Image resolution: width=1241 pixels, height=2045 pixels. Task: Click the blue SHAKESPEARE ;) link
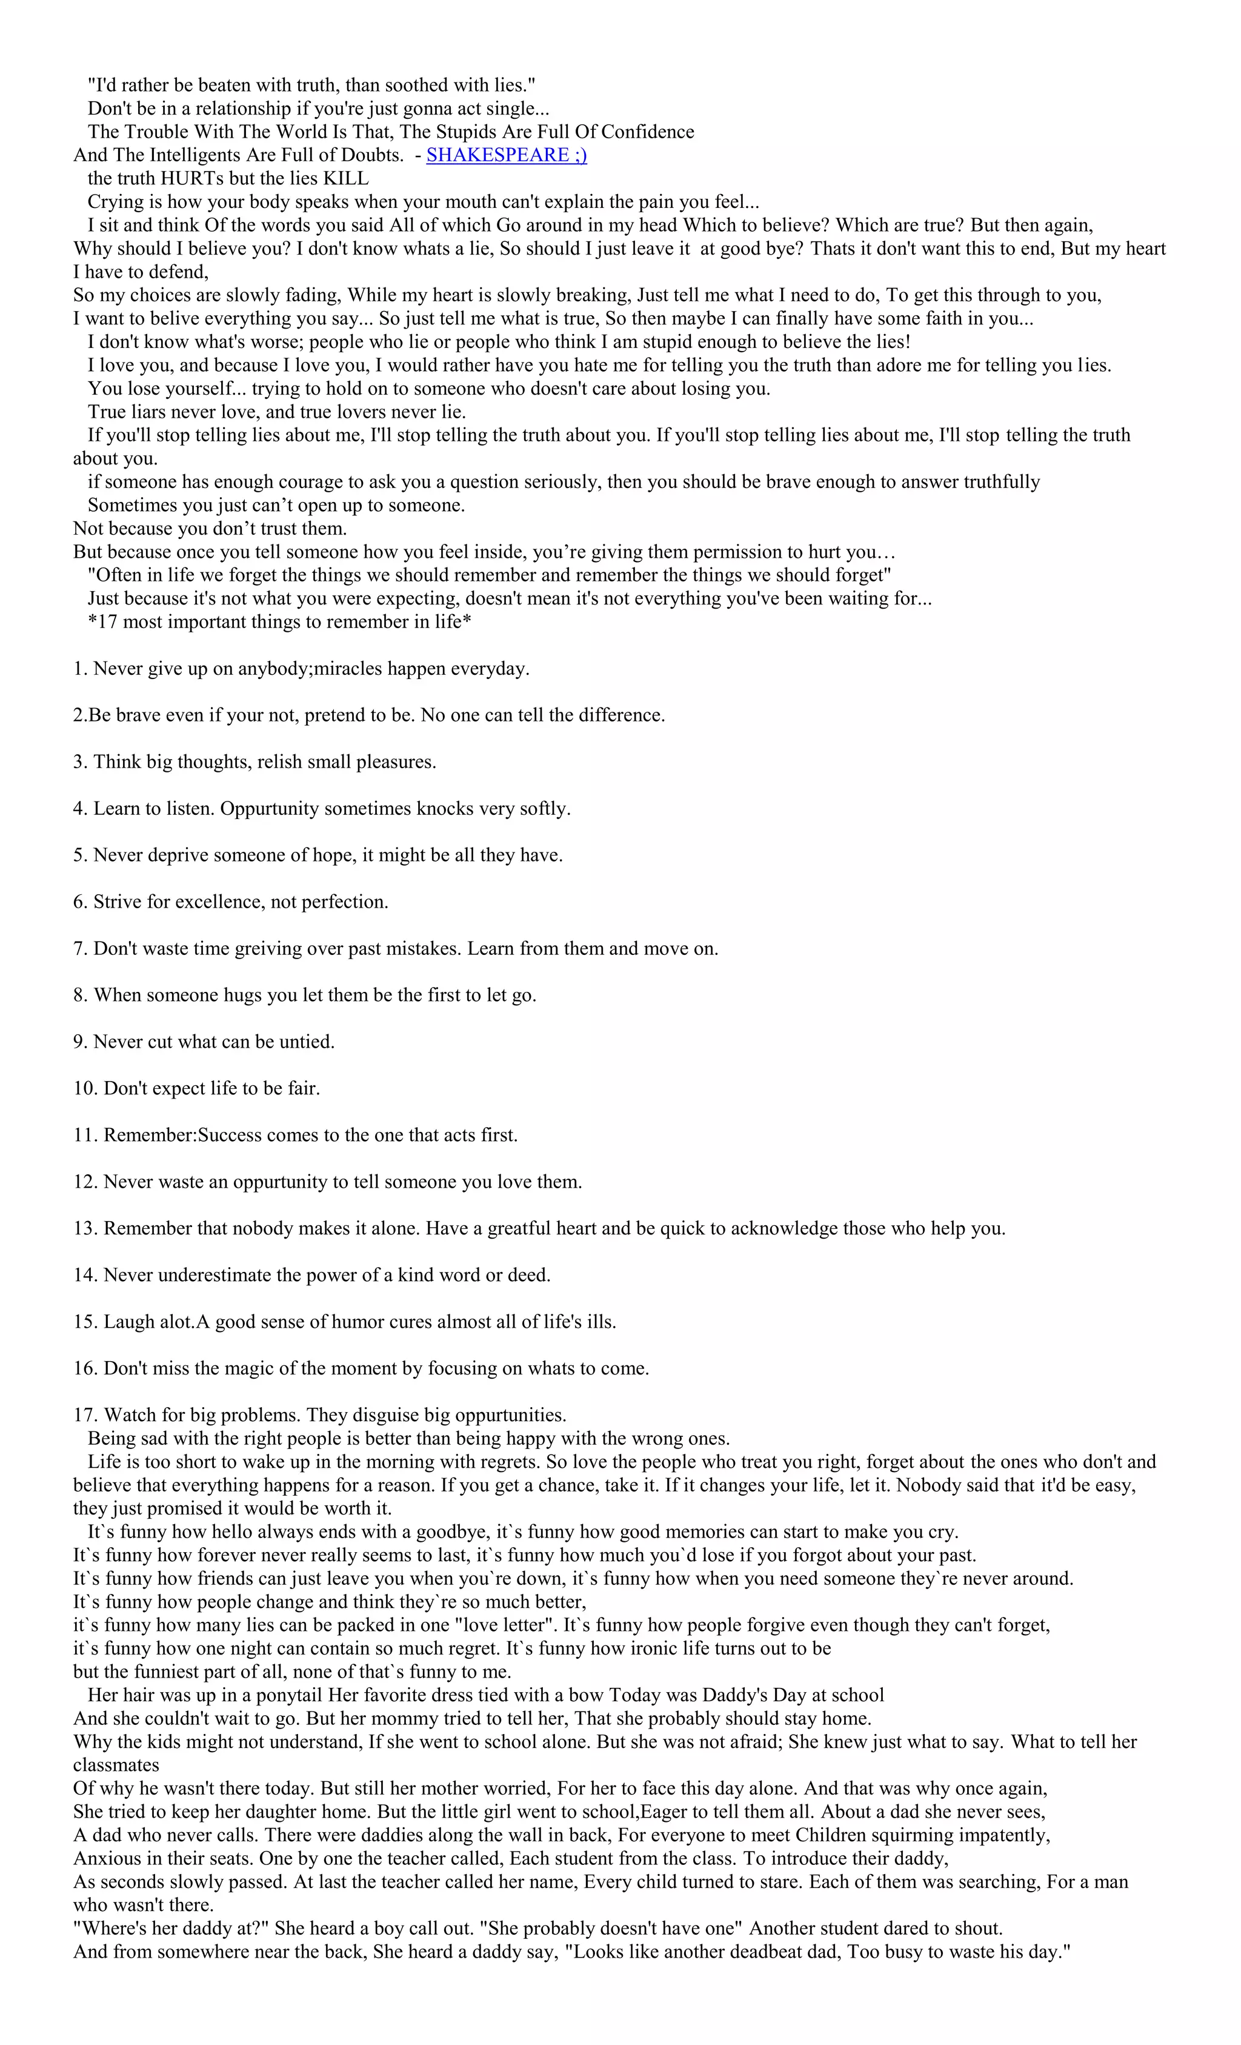tap(506, 155)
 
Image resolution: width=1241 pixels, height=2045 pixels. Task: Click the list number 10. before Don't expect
tap(85, 1088)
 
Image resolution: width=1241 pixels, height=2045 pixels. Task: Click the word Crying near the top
tap(115, 202)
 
